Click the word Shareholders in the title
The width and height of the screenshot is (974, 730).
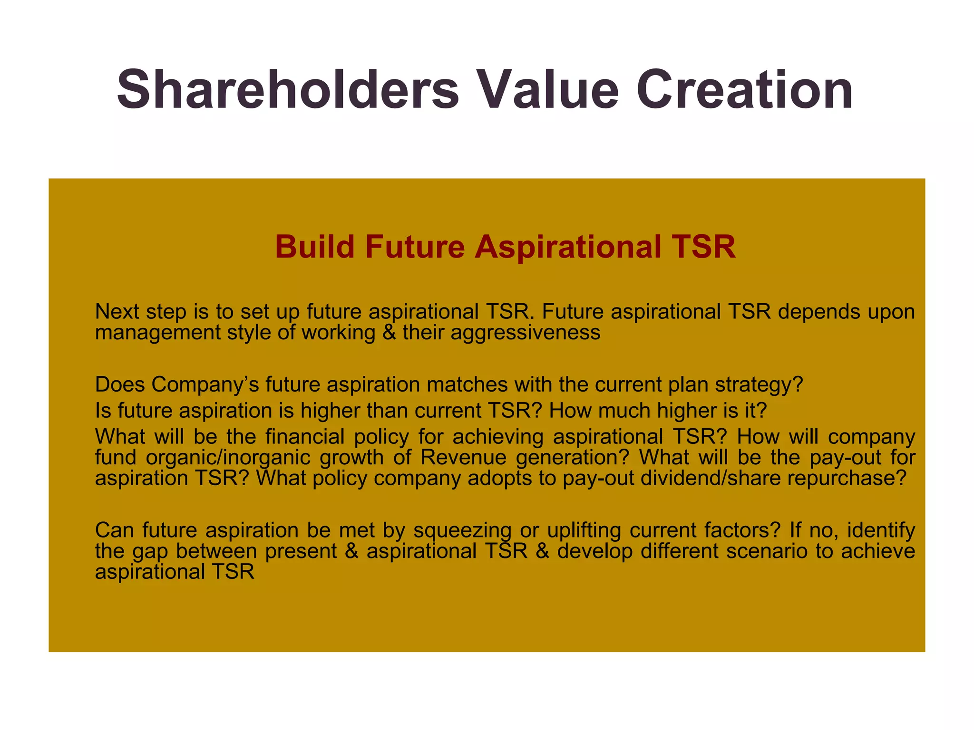click(x=288, y=89)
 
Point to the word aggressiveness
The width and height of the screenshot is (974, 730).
click(x=526, y=332)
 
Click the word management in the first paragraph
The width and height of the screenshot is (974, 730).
click(x=157, y=332)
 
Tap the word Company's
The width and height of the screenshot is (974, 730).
click(x=205, y=384)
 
